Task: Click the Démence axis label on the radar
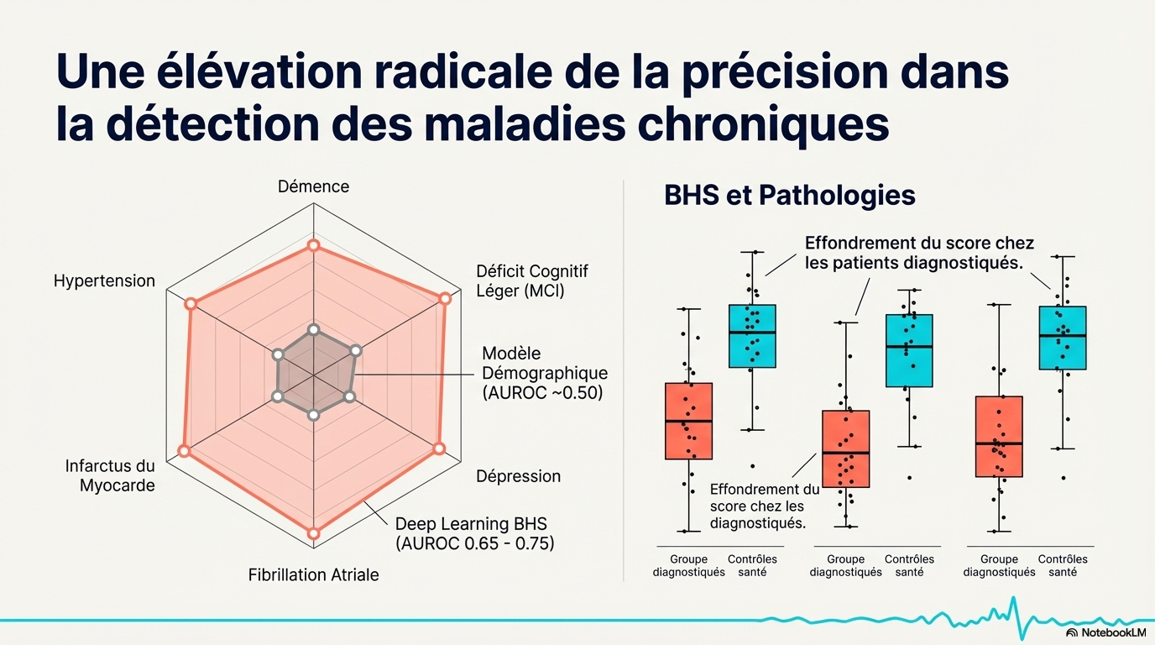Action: click(x=313, y=186)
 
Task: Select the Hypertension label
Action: click(x=104, y=281)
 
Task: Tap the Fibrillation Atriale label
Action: click(x=313, y=574)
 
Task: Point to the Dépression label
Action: click(x=518, y=475)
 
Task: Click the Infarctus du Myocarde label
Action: click(x=110, y=475)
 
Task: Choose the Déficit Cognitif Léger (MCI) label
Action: click(x=532, y=281)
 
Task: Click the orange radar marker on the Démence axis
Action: click(x=313, y=245)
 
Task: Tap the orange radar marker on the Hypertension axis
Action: click(x=191, y=303)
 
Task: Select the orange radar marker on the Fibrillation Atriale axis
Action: click(x=313, y=533)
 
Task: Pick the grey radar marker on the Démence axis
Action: click(x=313, y=330)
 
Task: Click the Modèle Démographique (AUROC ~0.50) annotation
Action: click(x=545, y=373)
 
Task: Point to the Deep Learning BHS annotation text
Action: click(x=474, y=533)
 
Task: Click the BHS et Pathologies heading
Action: click(x=789, y=195)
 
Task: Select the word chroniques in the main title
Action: click(x=764, y=123)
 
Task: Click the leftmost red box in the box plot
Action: click(x=688, y=421)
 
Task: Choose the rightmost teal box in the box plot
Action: click(x=1063, y=338)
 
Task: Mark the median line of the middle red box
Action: click(x=845, y=453)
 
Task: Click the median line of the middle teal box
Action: click(x=909, y=347)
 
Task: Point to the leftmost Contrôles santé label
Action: click(x=752, y=565)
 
